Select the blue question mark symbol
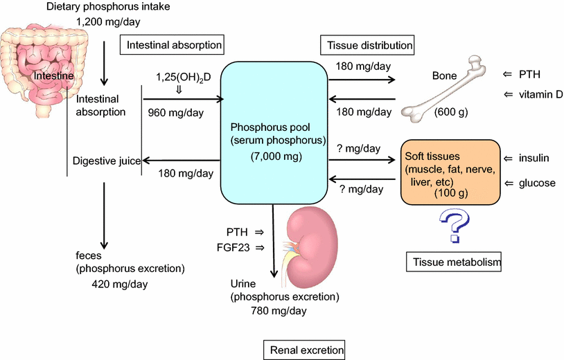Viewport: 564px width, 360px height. (455, 226)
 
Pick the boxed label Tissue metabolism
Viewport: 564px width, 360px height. (454, 262)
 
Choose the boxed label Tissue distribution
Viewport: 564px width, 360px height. (367, 45)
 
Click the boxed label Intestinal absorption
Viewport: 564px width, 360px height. (172, 44)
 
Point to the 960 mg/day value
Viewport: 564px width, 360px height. (176, 113)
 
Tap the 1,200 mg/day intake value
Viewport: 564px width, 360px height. (108, 22)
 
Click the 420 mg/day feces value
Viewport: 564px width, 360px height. (120, 284)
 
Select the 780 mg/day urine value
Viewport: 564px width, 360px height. (279, 310)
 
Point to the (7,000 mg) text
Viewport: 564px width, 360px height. (276, 156)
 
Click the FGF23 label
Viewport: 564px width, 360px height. (233, 248)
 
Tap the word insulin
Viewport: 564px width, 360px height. (534, 158)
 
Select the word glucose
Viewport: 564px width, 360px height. (537, 183)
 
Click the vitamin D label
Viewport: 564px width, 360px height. (540, 94)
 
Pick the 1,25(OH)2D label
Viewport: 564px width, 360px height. (184, 78)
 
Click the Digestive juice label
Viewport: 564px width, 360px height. (107, 161)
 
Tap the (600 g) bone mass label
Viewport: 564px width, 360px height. (451, 112)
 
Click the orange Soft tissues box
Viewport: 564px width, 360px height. (450, 172)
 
